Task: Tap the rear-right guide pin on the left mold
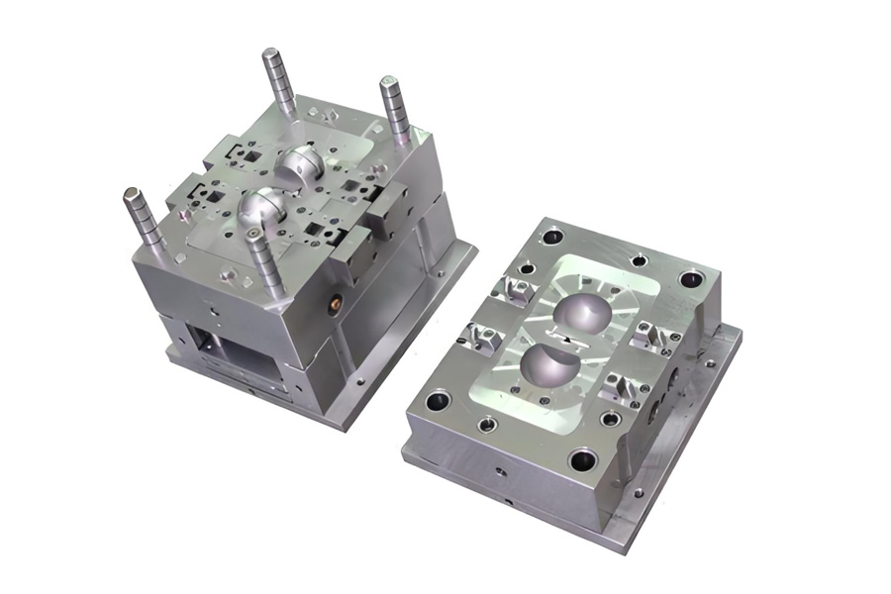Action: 395,109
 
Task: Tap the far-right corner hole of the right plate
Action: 690,279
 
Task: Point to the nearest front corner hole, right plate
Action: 583,459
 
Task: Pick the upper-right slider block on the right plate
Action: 651,334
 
